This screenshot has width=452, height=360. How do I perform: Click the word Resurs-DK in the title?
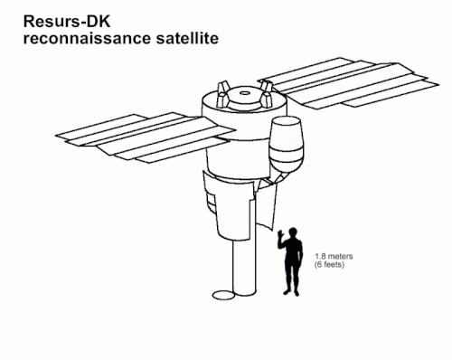(67, 22)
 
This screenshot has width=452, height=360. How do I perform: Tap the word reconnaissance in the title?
(87, 39)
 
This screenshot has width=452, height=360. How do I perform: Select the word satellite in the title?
(187, 39)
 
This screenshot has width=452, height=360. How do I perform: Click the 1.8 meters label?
(334, 256)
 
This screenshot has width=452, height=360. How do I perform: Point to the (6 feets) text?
(329, 264)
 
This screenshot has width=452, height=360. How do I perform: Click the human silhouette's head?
(292, 232)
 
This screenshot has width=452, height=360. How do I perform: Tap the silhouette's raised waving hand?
(280, 233)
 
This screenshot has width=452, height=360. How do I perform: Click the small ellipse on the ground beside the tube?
(223, 295)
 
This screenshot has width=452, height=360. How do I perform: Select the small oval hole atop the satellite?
(245, 93)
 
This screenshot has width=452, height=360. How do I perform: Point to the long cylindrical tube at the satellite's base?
(244, 265)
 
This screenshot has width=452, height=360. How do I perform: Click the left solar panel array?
(145, 137)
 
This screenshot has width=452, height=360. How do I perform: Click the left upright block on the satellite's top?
(222, 94)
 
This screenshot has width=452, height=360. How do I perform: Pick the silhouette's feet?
(291, 292)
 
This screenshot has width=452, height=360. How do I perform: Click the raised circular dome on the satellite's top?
(244, 98)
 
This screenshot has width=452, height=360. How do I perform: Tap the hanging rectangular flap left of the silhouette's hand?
(268, 206)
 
